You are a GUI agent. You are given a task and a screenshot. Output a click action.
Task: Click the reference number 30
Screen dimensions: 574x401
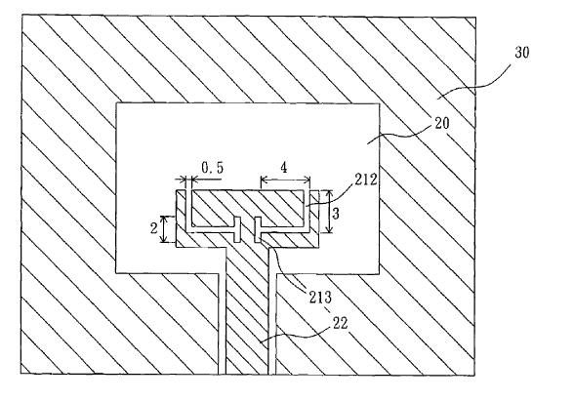[521, 53]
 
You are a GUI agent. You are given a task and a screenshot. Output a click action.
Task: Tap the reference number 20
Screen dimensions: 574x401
[442, 123]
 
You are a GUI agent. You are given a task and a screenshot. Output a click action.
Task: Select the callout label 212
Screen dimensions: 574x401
[365, 180]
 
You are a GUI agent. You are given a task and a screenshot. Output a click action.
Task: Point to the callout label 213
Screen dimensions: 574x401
[320, 297]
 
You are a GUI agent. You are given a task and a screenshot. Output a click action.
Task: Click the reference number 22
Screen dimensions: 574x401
[340, 323]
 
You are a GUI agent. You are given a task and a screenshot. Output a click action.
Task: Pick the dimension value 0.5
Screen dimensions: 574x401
[213, 168]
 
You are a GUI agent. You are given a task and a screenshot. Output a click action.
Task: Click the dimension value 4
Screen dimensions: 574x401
[284, 168]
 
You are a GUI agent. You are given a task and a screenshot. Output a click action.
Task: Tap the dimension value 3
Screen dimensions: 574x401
[336, 213]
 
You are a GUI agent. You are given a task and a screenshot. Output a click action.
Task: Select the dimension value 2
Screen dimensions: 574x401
[154, 228]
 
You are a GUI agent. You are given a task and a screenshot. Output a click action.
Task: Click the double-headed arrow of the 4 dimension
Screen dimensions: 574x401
[285, 180]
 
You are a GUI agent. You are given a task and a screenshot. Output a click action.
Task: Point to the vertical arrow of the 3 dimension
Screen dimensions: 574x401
[330, 212]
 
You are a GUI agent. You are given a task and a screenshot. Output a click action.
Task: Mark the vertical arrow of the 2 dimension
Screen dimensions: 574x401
[164, 229]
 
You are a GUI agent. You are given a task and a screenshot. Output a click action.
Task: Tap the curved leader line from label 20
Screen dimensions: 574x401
[401, 136]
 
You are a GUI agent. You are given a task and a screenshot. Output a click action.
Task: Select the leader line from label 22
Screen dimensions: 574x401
[293, 334]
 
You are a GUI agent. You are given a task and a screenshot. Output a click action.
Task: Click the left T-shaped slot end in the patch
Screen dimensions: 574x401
[237, 229]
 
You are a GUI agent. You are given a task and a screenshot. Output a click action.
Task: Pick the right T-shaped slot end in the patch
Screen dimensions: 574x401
[258, 229]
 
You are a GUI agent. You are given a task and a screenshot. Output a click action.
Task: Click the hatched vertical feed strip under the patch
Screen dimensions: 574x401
[248, 311]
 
